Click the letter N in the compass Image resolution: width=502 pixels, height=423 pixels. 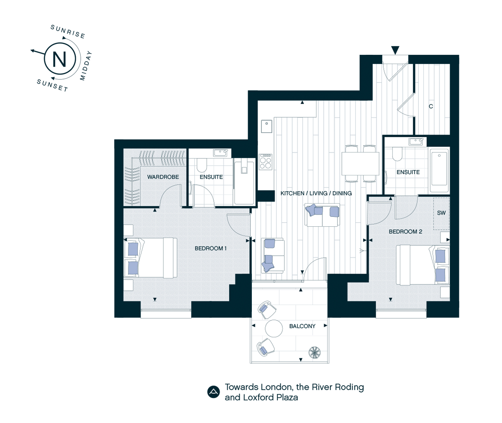(59, 59)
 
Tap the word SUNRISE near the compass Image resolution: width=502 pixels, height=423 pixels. (68, 32)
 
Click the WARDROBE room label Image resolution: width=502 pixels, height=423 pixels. (163, 177)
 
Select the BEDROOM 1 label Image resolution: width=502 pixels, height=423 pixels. (210, 249)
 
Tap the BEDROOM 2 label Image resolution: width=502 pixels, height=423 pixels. (406, 231)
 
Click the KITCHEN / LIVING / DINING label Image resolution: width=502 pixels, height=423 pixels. (316, 193)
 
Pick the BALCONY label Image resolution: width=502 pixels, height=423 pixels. (302, 326)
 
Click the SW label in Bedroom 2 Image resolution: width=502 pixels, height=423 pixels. (441, 213)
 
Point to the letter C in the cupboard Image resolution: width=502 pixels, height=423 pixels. (431, 106)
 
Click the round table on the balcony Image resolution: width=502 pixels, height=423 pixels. (274, 328)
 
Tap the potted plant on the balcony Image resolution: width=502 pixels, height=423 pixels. (315, 353)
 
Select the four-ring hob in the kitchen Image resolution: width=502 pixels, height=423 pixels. (266, 162)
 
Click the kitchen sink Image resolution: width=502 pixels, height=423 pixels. (266, 126)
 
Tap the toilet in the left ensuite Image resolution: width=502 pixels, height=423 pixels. (202, 164)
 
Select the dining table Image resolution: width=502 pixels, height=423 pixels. (360, 164)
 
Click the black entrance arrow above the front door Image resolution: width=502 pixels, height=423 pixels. (395, 50)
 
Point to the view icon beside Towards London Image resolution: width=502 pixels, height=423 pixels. (213, 392)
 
